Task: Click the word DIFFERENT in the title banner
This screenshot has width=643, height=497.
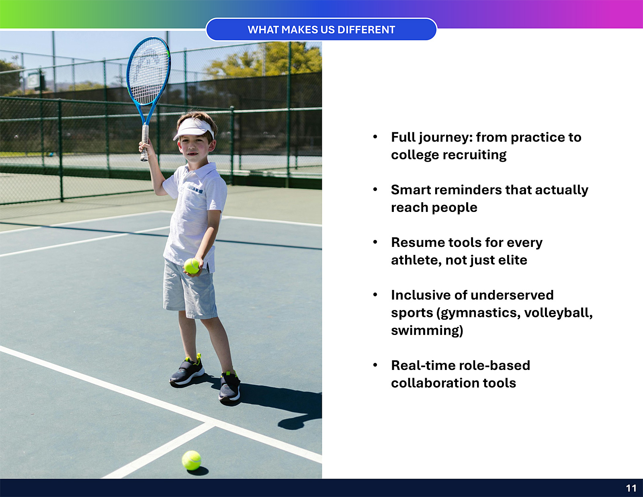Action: [366, 30]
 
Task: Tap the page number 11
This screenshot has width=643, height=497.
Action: [631, 488]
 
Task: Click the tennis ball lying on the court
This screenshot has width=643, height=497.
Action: [191, 460]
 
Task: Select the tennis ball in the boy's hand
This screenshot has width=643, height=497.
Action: [192, 266]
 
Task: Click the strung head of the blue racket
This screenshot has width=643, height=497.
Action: [148, 71]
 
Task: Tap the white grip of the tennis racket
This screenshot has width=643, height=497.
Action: [145, 143]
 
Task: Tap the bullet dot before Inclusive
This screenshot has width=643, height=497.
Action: [375, 295]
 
